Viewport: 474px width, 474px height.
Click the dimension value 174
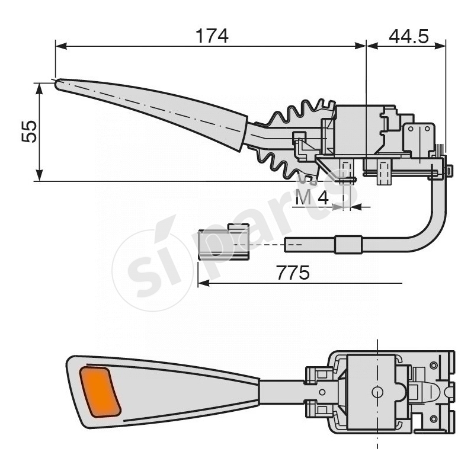(212, 36)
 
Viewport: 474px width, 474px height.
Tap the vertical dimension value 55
(30, 132)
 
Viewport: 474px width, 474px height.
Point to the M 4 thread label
(312, 198)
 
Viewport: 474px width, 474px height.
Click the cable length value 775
(293, 273)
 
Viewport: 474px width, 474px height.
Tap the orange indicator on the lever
(100, 391)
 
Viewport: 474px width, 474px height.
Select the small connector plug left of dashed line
(222, 242)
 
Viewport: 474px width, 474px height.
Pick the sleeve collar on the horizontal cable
(348, 244)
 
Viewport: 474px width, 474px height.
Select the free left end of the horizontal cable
(287, 244)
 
